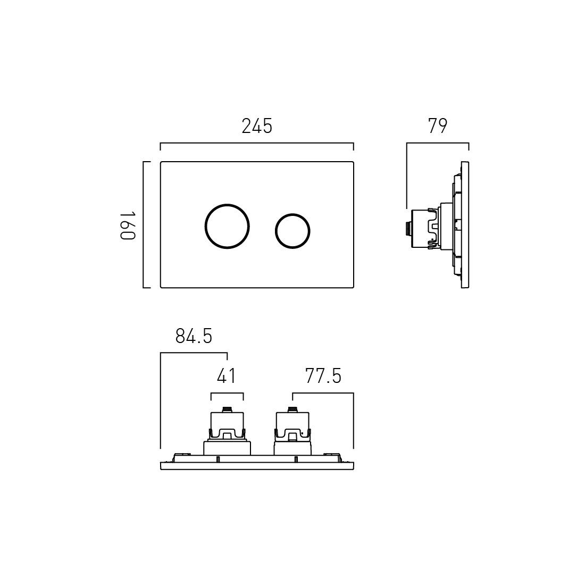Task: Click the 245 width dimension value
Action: click(257, 127)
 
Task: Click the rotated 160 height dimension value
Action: click(128, 225)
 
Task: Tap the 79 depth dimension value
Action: click(437, 127)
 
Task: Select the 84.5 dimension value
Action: click(194, 336)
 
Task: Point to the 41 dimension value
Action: click(227, 377)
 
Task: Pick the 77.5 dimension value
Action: click(323, 377)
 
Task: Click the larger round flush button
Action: click(227, 225)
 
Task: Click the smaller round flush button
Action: click(292, 231)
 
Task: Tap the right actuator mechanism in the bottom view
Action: click(292, 431)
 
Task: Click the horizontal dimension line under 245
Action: click(257, 143)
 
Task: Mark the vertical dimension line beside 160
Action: click(144, 225)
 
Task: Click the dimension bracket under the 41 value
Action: click(227, 394)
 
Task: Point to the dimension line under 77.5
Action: click(323, 394)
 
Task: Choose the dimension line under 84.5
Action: click(194, 353)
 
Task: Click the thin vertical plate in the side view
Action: click(465, 225)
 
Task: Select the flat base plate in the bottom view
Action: click(257, 466)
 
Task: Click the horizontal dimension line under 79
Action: click(437, 143)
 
